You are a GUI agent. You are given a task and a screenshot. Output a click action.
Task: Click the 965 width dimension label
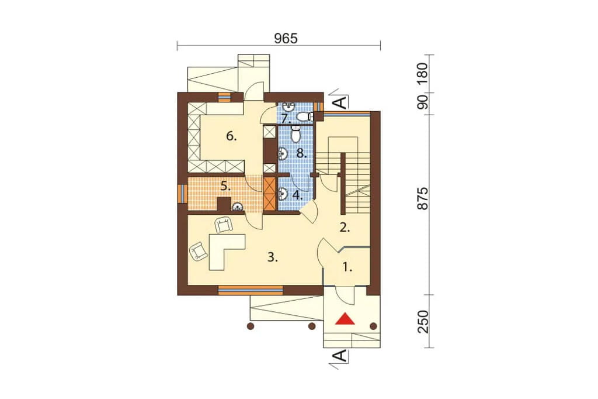[286, 38]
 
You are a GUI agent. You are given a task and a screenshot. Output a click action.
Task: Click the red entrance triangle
[345, 319]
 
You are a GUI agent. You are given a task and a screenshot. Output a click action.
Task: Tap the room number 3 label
[272, 257]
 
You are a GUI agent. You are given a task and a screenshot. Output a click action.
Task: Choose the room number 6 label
[231, 136]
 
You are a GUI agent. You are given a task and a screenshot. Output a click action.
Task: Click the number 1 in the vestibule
[347, 268]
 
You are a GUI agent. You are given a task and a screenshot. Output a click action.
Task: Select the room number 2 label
[345, 228]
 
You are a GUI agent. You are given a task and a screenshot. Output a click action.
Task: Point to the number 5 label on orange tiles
[226, 187]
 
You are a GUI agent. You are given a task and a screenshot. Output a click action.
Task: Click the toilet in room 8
[295, 133]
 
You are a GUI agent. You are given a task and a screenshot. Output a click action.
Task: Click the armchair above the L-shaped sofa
[224, 225]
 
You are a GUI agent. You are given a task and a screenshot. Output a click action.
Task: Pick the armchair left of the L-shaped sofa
[199, 252]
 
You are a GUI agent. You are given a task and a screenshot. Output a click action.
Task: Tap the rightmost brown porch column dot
[373, 326]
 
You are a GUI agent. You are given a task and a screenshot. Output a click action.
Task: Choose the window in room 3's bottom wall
[251, 290]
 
